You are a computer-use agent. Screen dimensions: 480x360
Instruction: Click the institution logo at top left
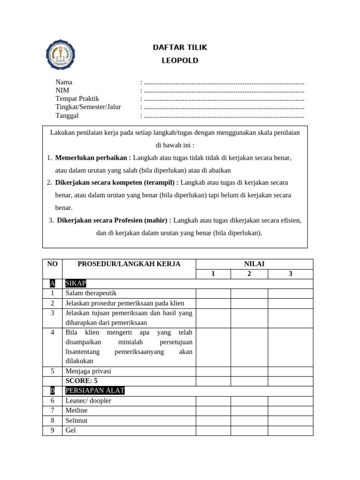[60, 54]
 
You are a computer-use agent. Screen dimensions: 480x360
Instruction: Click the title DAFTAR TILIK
[180, 47]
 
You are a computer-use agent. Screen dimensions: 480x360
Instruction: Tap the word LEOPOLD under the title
[180, 60]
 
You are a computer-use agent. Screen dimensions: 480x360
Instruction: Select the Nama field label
[64, 82]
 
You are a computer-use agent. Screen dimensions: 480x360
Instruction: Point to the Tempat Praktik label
[77, 99]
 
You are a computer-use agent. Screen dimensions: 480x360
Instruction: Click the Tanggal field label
[67, 116]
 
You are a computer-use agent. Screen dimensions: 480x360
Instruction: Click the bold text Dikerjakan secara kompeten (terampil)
[117, 182]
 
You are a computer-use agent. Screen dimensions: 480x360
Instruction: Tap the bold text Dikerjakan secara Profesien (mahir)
[114, 220]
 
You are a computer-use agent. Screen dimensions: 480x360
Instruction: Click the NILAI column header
[255, 264]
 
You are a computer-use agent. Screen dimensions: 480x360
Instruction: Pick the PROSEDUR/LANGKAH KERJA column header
[129, 264]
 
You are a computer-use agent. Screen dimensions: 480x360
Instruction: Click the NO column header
[52, 264]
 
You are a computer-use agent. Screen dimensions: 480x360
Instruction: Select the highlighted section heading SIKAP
[75, 284]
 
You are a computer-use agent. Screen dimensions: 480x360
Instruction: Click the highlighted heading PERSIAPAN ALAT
[95, 390]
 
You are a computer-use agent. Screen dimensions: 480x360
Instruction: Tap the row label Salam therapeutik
[91, 293]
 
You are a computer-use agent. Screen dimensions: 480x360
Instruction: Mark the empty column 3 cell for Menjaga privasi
[290, 371]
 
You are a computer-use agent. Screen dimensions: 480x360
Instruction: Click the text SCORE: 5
[82, 381]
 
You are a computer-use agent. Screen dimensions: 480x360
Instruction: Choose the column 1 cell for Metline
[213, 411]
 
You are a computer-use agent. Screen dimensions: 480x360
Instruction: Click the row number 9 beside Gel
[52, 430]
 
